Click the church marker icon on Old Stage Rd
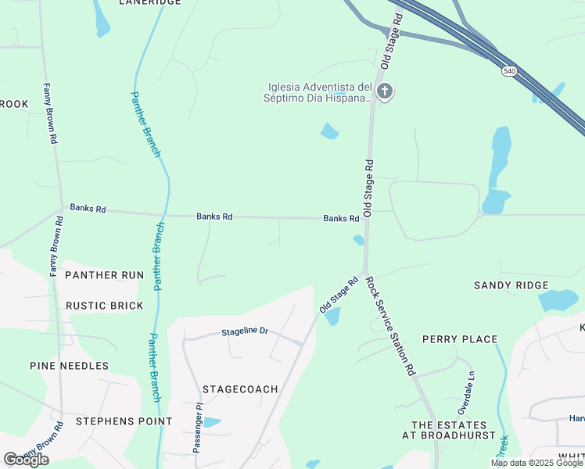pyautogui.click(x=384, y=91)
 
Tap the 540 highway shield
pyautogui.click(x=509, y=70)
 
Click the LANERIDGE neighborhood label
pyautogui.click(x=149, y=3)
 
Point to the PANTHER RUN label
pyautogui.click(x=104, y=275)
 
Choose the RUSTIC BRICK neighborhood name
pyautogui.click(x=104, y=306)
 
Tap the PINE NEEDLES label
pyautogui.click(x=69, y=366)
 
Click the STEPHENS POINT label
pyautogui.click(x=124, y=421)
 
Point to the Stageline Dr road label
pyautogui.click(x=245, y=331)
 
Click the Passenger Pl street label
pyautogui.click(x=198, y=429)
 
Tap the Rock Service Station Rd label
pyautogui.click(x=389, y=327)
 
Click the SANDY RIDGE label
pyautogui.click(x=511, y=286)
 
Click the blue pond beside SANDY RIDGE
pyautogui.click(x=558, y=299)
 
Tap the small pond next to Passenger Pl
pyautogui.click(x=210, y=423)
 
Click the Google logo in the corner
pyautogui.click(x=27, y=459)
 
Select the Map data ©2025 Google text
pyautogui.click(x=537, y=463)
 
